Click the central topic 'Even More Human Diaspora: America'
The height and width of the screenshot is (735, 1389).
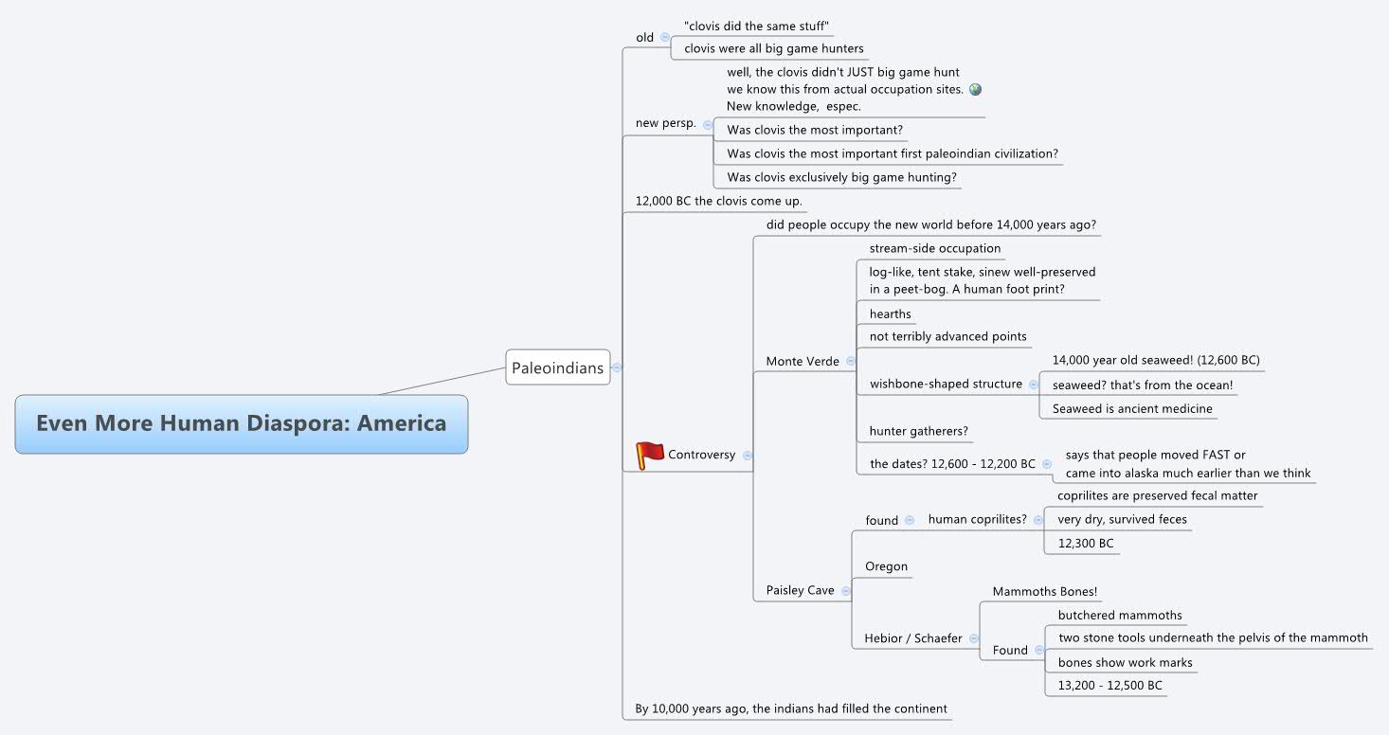pyautogui.click(x=241, y=423)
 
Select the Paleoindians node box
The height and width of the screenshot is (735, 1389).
pyautogui.click(x=557, y=367)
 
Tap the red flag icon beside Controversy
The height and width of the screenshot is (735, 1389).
pyautogui.click(x=649, y=456)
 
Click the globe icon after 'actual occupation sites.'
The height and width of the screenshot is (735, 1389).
pyautogui.click(x=976, y=89)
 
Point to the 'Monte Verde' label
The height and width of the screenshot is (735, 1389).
pyautogui.click(x=803, y=361)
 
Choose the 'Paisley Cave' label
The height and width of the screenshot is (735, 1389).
pyautogui.click(x=800, y=590)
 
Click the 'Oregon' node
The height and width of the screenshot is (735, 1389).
pyautogui.click(x=886, y=566)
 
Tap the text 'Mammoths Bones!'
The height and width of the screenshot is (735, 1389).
pyautogui.click(x=1044, y=592)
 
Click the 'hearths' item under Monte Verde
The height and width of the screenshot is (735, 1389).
pyautogui.click(x=890, y=314)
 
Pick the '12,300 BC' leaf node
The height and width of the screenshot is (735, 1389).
pyautogui.click(x=1085, y=544)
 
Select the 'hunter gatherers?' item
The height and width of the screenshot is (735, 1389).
pyautogui.click(x=918, y=431)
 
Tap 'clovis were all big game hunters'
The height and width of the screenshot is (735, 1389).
pyautogui.click(x=773, y=48)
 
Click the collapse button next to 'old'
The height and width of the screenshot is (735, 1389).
pyautogui.click(x=665, y=38)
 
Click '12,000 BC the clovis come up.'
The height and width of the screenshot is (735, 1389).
pyautogui.click(x=718, y=201)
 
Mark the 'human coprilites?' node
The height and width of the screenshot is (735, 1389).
pyautogui.click(x=977, y=519)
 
